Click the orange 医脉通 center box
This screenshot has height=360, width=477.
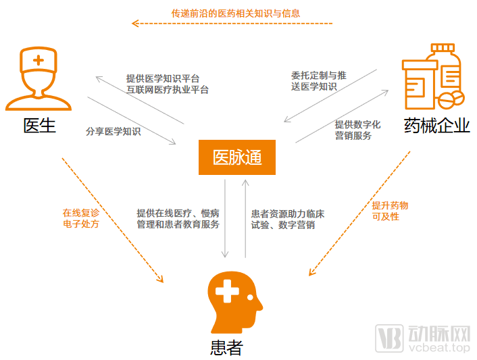[236, 158]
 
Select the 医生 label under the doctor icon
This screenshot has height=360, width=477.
[39, 126]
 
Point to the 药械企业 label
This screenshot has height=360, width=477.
[436, 126]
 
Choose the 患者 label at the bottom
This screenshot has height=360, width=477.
[226, 347]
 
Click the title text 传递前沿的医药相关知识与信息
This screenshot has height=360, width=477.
[236, 13]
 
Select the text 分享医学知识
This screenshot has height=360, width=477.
[114, 131]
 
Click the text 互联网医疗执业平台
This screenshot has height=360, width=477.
[168, 89]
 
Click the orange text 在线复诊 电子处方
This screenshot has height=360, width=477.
[81, 217]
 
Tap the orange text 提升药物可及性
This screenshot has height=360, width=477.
[390, 211]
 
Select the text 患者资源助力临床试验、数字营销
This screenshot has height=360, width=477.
[287, 219]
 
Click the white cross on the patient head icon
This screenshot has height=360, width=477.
[227, 292]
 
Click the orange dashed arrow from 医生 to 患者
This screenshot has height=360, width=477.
[111, 220]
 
